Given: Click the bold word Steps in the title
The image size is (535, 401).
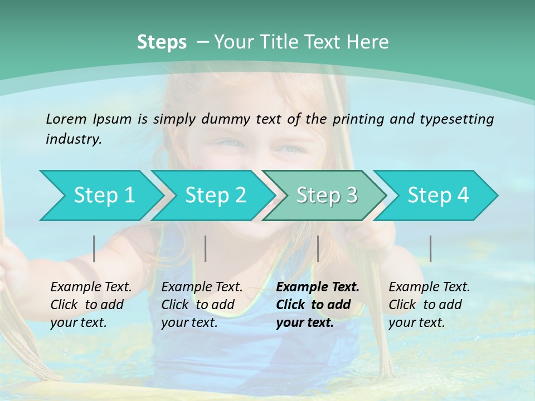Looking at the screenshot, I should click(162, 42).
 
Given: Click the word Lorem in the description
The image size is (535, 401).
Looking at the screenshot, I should click(66, 119).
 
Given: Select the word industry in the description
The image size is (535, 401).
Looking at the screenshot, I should click(74, 139).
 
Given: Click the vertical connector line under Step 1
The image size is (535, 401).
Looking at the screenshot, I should click(94, 248).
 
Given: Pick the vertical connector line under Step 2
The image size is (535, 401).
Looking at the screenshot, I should click(206, 248).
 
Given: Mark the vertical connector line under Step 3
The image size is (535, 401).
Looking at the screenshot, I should click(318, 248).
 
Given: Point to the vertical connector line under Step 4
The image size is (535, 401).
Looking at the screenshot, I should click(430, 248).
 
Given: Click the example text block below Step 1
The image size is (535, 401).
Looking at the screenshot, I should click(91, 305).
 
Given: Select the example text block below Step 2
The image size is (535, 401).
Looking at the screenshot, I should click(202, 305).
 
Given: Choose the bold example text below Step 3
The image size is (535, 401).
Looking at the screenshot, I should click(318, 305).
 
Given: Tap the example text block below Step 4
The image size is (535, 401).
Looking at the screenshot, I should click(429, 305).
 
